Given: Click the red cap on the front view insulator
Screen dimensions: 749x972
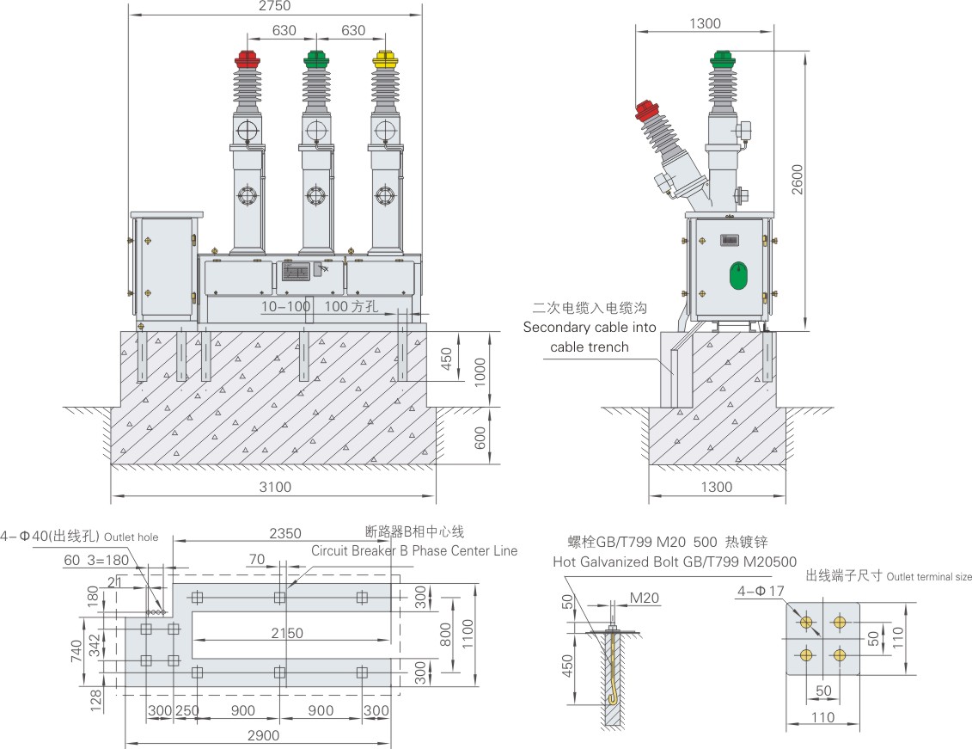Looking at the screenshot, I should point(248,59).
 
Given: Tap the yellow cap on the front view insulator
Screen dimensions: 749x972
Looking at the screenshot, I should point(386,59).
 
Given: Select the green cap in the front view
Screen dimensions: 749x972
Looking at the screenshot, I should point(316,59).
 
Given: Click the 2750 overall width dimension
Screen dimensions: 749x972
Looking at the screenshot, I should point(274,6).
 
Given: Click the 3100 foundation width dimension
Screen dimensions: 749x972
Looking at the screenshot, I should point(275,487).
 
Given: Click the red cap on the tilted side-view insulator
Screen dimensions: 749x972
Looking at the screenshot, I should point(646,110).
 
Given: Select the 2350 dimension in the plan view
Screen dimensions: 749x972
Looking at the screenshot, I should point(284,532).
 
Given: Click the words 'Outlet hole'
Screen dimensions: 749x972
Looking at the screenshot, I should point(131,537).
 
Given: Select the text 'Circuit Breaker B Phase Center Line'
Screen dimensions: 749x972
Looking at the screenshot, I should point(414,550).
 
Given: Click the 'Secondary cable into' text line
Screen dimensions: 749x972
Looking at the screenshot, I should point(589,328).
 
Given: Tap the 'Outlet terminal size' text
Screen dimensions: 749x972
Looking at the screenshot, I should point(929,576).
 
